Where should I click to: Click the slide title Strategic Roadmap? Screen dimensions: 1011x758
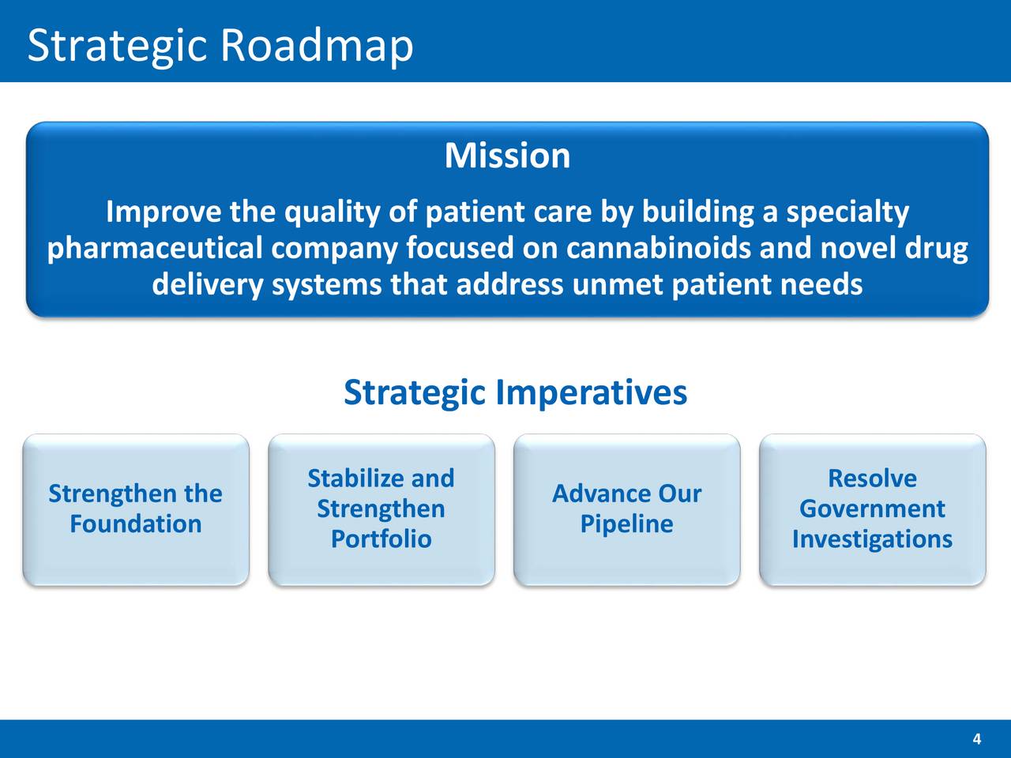[220, 46]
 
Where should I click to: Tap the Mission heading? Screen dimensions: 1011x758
[507, 156]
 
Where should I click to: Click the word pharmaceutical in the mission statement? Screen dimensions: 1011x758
[155, 249]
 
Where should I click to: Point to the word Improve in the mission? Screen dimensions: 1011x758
[163, 212]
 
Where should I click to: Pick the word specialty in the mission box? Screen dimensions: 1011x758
[848, 212]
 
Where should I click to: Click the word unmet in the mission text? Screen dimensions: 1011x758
[618, 284]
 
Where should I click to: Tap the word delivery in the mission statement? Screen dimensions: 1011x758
[208, 284]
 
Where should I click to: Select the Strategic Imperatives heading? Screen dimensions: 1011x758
[516, 392]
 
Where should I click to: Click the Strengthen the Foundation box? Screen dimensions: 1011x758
[136, 510]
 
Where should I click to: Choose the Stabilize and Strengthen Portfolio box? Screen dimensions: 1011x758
[381, 510]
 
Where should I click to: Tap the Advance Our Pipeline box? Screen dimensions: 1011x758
[627, 510]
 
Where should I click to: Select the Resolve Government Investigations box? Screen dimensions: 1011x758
[872, 510]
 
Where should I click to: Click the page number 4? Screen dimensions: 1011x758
[976, 739]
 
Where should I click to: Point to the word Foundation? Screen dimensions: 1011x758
[136, 523]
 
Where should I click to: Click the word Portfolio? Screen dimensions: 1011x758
[381, 539]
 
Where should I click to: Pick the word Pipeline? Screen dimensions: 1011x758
[627, 524]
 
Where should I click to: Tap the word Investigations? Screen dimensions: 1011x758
[872, 540]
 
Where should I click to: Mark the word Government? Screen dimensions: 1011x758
[872, 508]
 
